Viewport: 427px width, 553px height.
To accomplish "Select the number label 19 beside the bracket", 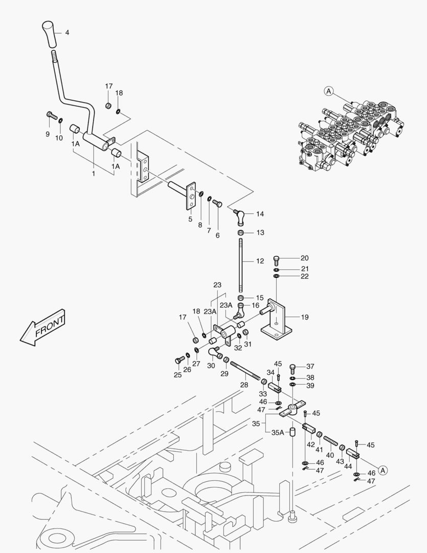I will click(304, 317).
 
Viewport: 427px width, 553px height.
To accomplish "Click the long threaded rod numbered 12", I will click(240, 266).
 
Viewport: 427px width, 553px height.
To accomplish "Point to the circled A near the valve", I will click(328, 92).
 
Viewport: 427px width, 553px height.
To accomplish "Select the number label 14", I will click(260, 214).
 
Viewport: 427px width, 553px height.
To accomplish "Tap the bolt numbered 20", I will click(277, 259).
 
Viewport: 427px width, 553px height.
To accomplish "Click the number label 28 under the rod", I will click(244, 385).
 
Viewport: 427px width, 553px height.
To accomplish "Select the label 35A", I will click(278, 433).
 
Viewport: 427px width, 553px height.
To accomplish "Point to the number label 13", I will click(260, 232).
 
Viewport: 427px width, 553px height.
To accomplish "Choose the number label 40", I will click(330, 455).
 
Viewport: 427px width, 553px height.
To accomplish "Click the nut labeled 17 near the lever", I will click(108, 105).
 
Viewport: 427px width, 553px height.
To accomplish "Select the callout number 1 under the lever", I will click(94, 174).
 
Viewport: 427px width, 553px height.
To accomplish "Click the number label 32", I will click(238, 348).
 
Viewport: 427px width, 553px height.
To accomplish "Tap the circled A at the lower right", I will click(384, 469).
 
